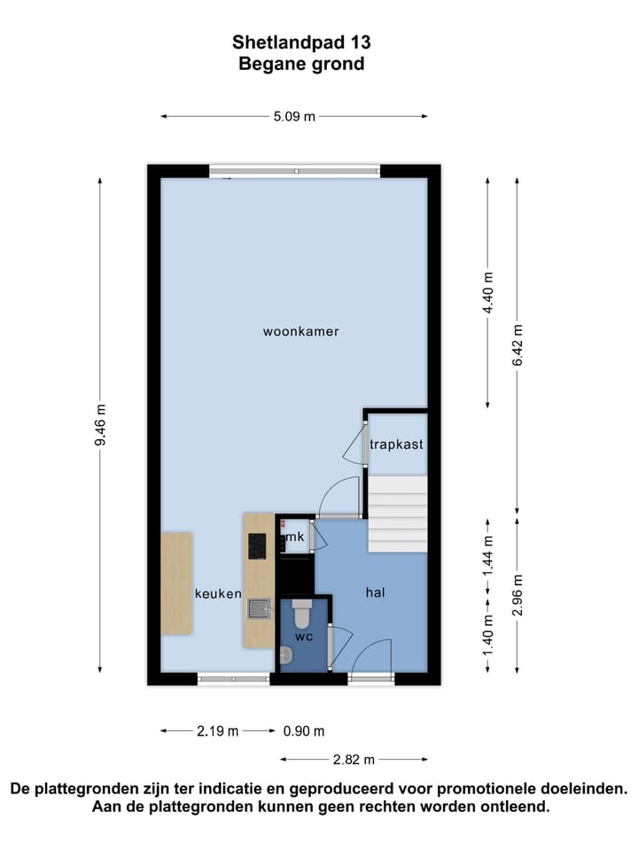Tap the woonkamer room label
[301, 332]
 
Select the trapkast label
[396, 444]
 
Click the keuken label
[218, 593]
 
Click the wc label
[303, 636]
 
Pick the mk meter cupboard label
[295, 537]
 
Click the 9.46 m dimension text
[100, 426]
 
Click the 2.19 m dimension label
[218, 731]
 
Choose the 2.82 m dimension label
[354, 759]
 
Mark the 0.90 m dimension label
[304, 731]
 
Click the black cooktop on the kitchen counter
[258, 545]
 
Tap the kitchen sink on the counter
[258, 609]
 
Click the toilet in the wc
[301, 613]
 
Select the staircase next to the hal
[397, 514]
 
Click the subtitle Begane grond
[301, 64]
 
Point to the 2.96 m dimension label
[518, 596]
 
